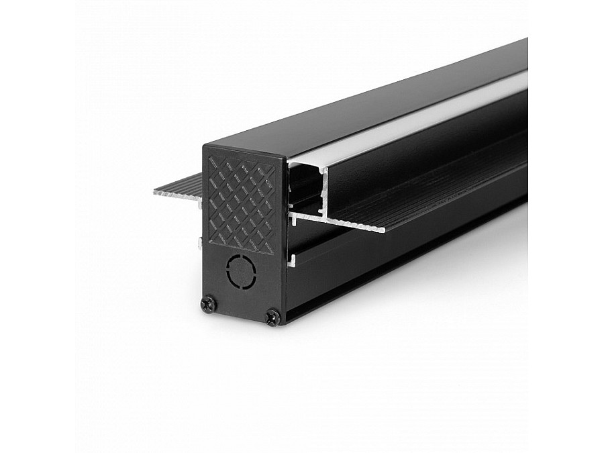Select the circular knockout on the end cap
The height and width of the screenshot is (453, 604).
click(x=242, y=272)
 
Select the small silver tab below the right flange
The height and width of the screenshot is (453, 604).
click(x=292, y=258)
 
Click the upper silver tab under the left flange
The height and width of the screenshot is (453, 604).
click(x=201, y=203)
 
